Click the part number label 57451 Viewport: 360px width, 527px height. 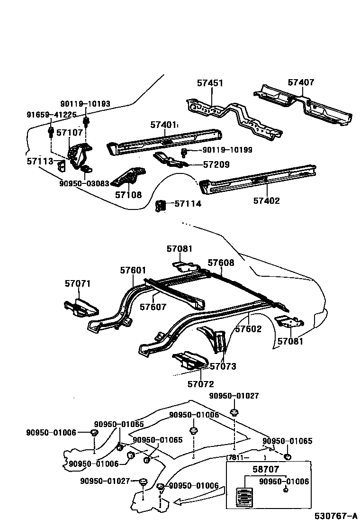click(210, 83)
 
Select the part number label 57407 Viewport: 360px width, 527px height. click(301, 82)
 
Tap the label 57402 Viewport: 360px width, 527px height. click(266, 201)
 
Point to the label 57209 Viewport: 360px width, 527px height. click(216, 165)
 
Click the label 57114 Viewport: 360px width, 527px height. click(188, 204)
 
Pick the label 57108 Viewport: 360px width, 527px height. click(128, 195)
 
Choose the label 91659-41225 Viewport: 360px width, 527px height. click(52, 115)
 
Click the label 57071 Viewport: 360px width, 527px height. click(78, 284)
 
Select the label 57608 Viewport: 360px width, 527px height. click(221, 263)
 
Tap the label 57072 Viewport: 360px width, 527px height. click(200, 384)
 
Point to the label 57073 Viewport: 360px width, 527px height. click(223, 366)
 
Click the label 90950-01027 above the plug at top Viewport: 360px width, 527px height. click(234, 396)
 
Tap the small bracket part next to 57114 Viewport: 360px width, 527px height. click(161, 205)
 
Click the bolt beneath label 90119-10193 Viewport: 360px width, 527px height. click(87, 122)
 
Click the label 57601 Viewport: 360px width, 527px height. click(133, 270)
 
